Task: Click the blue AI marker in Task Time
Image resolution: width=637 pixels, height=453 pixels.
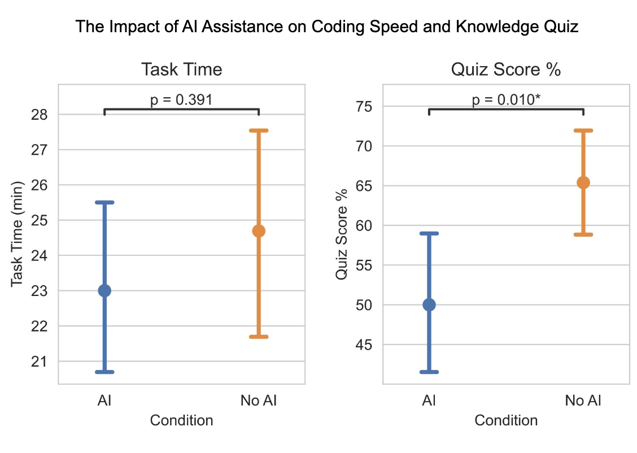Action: pyautogui.click(x=104, y=291)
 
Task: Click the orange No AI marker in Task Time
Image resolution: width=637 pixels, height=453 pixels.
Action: pyautogui.click(x=259, y=230)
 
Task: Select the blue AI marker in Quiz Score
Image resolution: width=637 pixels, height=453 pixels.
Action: pyautogui.click(x=429, y=305)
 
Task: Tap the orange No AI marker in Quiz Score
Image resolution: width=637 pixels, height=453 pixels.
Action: pyautogui.click(x=583, y=182)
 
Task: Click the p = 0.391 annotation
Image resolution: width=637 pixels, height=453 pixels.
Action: pyautogui.click(x=181, y=101)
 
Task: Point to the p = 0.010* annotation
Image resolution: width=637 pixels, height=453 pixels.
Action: pyautogui.click(x=506, y=101)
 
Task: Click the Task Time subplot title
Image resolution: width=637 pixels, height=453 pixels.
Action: pyautogui.click(x=181, y=69)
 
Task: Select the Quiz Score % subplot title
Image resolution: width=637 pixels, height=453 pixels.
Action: pyautogui.click(x=506, y=69)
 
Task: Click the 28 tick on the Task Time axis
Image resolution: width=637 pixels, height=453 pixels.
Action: pyautogui.click(x=42, y=115)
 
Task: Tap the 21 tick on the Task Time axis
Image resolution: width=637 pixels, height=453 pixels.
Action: pyautogui.click(x=42, y=361)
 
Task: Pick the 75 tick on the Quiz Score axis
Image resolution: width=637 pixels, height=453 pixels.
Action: pyautogui.click(x=367, y=106)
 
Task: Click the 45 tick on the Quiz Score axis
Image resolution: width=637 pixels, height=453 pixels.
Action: pyautogui.click(x=367, y=345)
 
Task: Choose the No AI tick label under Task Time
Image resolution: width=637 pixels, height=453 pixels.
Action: pyautogui.click(x=259, y=402)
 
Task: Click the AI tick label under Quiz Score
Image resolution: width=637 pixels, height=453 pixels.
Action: pyautogui.click(x=429, y=402)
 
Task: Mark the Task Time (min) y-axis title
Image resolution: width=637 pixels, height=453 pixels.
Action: pyautogui.click(x=18, y=234)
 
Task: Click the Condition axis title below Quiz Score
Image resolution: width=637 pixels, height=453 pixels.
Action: pyautogui.click(x=506, y=421)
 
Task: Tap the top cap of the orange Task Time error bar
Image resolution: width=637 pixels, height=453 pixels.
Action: pyautogui.click(x=259, y=130)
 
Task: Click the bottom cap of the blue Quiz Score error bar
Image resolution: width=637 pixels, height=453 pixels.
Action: pyautogui.click(x=429, y=372)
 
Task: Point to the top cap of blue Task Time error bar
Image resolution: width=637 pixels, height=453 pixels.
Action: pyautogui.click(x=104, y=202)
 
